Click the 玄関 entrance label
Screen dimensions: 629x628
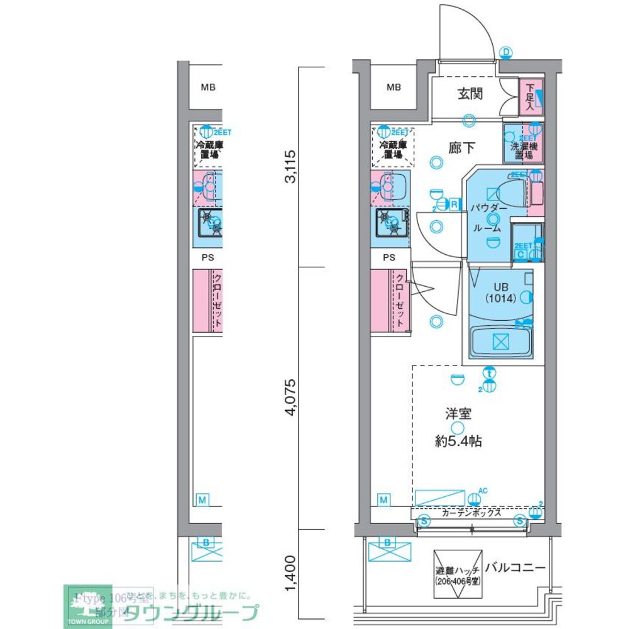470,94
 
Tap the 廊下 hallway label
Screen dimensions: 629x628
462,148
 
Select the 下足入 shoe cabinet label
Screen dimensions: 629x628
530,97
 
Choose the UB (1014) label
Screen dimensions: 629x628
500,292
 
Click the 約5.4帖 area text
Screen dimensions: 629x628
459,441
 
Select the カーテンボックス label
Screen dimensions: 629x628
471,513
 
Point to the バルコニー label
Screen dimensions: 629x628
515,567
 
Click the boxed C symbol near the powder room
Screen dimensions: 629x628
520,254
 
